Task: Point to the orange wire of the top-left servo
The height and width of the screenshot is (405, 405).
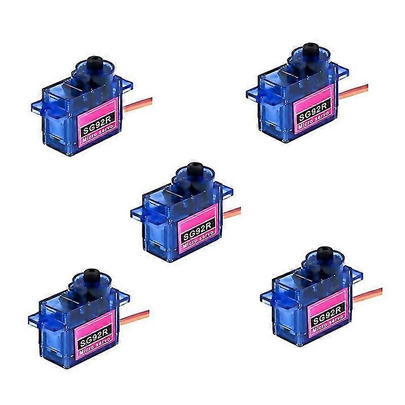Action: pos(138,104)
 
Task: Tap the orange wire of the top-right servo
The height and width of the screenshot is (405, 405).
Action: pos(353,92)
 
